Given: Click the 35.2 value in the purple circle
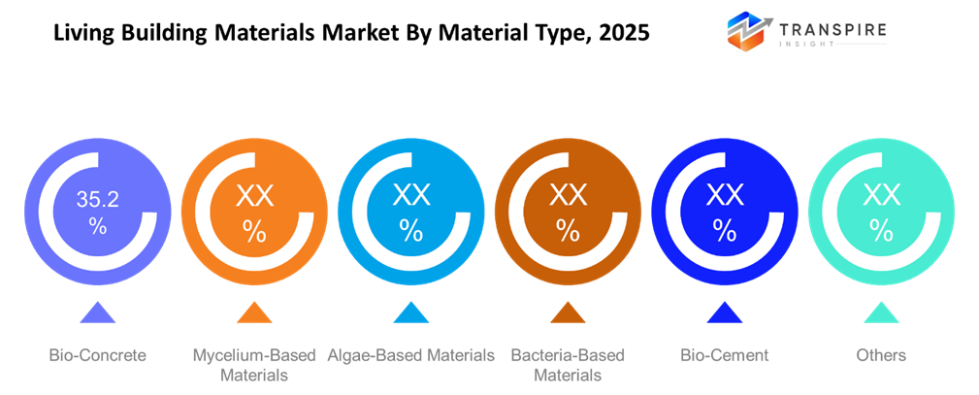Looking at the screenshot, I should [97, 200].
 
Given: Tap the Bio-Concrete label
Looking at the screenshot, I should [97, 355].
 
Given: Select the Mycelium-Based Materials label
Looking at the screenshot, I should [254, 365].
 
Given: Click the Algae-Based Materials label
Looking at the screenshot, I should [411, 355].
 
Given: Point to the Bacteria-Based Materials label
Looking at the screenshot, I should [568, 365].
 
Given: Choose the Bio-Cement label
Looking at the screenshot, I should [725, 355].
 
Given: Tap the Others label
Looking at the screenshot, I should [881, 355].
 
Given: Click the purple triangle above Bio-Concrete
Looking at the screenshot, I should [97, 313].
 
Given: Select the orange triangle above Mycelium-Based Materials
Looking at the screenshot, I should [254, 313].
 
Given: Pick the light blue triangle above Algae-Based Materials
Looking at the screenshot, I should [411, 313].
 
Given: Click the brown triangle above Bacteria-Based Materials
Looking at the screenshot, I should [568, 313].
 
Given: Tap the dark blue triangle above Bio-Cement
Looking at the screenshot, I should [725, 313].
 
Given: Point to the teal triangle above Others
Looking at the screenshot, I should [881, 313].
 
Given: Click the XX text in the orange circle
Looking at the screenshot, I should [254, 198].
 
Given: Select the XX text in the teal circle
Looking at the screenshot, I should [881, 198].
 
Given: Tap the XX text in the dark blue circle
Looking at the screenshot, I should [725, 196].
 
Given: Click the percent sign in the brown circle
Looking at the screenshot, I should [568, 232].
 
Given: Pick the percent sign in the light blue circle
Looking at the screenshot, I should [411, 232].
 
